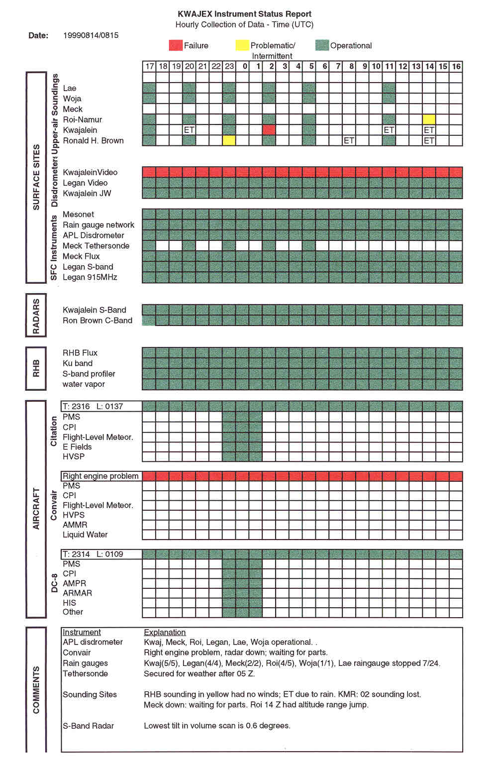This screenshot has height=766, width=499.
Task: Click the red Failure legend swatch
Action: tap(176, 45)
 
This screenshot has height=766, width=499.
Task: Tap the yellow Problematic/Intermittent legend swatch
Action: tap(242, 45)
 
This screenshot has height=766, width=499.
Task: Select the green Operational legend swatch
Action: tap(322, 45)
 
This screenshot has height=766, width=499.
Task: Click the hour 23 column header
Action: tap(229, 66)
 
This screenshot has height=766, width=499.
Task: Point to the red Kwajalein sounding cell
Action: tap(269, 130)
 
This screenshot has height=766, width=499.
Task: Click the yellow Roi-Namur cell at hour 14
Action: tap(429, 119)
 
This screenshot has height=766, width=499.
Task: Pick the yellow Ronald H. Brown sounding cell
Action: tap(229, 140)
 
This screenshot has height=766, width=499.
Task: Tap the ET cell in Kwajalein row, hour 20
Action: tap(189, 130)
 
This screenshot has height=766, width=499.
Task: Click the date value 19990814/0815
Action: tap(91, 35)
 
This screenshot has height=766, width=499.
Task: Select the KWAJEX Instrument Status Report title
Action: tap(244, 14)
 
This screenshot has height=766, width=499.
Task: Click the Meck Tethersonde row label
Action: tap(96, 246)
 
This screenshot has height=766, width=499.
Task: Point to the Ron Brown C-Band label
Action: tap(98, 321)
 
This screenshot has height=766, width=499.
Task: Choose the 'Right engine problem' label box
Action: tap(101, 476)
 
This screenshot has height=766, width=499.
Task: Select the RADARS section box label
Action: tap(36, 316)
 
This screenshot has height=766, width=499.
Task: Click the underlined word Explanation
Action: tap(165, 632)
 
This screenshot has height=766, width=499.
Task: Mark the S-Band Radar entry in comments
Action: tap(89, 726)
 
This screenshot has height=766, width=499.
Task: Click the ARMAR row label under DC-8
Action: tap(78, 593)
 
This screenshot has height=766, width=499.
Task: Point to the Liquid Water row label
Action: tap(85, 535)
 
